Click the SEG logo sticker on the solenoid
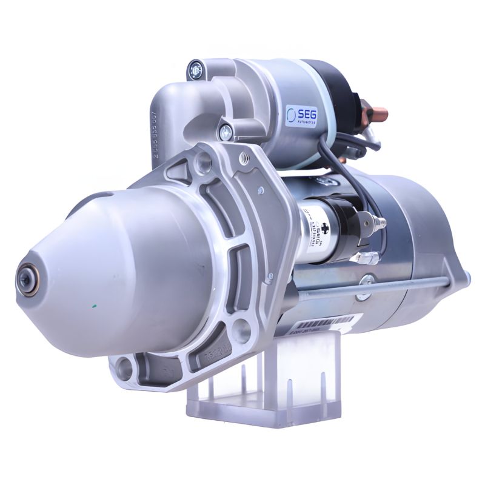[x=301, y=116]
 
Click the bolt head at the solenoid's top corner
[x=195, y=70]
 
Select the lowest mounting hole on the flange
[x=125, y=366]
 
